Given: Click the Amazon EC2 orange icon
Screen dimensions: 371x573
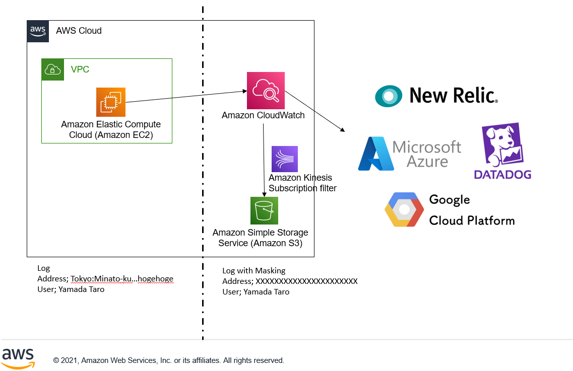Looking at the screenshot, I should [111, 102].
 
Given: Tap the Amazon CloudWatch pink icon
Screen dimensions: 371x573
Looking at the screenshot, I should [266, 91].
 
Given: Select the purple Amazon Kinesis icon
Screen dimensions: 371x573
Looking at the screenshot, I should [284, 159].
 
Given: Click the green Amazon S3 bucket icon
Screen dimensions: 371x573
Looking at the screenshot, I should [264, 210].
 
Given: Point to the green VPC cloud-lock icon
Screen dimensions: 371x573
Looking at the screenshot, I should [53, 69].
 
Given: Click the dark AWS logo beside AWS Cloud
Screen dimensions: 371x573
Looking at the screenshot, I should [38, 31].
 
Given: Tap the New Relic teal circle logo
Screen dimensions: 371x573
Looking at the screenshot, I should [389, 96].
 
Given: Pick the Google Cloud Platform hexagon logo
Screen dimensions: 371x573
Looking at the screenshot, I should [404, 209].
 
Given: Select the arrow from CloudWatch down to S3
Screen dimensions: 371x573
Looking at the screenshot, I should [264, 161].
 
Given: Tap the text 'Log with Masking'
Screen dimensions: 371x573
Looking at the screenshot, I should [254, 270].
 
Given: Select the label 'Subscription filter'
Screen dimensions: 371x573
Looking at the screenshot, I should [302, 188].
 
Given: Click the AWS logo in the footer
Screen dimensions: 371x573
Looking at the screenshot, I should [18, 357].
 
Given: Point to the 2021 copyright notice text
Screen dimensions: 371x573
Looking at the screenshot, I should [169, 360].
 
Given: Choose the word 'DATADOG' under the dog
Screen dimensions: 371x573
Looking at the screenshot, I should [502, 175].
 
